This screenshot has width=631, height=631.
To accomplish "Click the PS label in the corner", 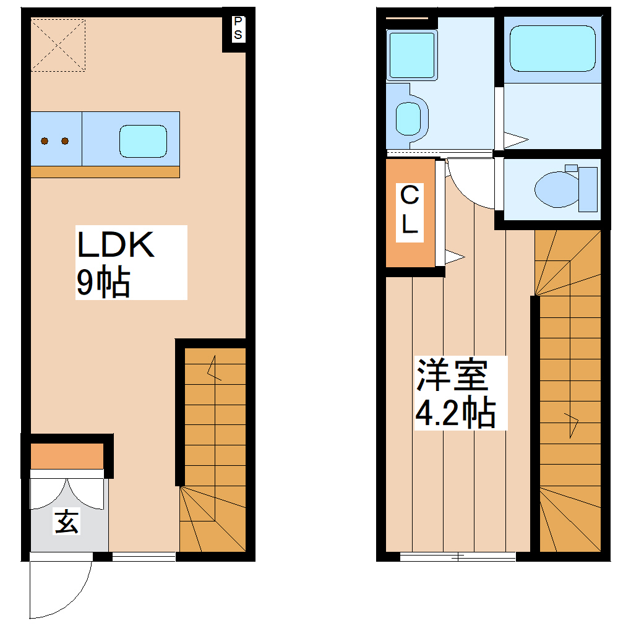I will pyautogui.click(x=238, y=28).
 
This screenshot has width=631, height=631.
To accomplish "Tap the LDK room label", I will pyautogui.click(x=115, y=246).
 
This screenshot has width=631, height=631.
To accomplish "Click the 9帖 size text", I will pyautogui.click(x=103, y=283).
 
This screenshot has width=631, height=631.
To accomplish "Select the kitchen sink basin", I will pyautogui.click(x=143, y=140).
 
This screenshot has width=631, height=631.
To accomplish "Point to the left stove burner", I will pyautogui.click(x=45, y=141).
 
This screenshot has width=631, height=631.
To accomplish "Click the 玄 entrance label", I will pyautogui.click(x=67, y=522).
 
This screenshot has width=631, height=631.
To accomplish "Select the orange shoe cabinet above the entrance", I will pyautogui.click(x=67, y=457).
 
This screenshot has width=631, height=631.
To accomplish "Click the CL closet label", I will pyautogui.click(x=410, y=211).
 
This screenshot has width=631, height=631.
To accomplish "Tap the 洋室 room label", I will pyautogui.click(x=452, y=375).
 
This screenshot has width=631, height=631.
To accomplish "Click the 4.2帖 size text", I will pyautogui.click(x=455, y=413).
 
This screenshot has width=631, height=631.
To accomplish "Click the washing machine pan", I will pyautogui.click(x=411, y=54).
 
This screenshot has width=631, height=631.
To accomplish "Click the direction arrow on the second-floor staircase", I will pyautogui.click(x=571, y=424).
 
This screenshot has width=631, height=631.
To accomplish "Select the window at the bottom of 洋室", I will pyautogui.click(x=457, y=557).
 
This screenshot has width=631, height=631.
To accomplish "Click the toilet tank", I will pyautogui.click(x=588, y=189).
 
